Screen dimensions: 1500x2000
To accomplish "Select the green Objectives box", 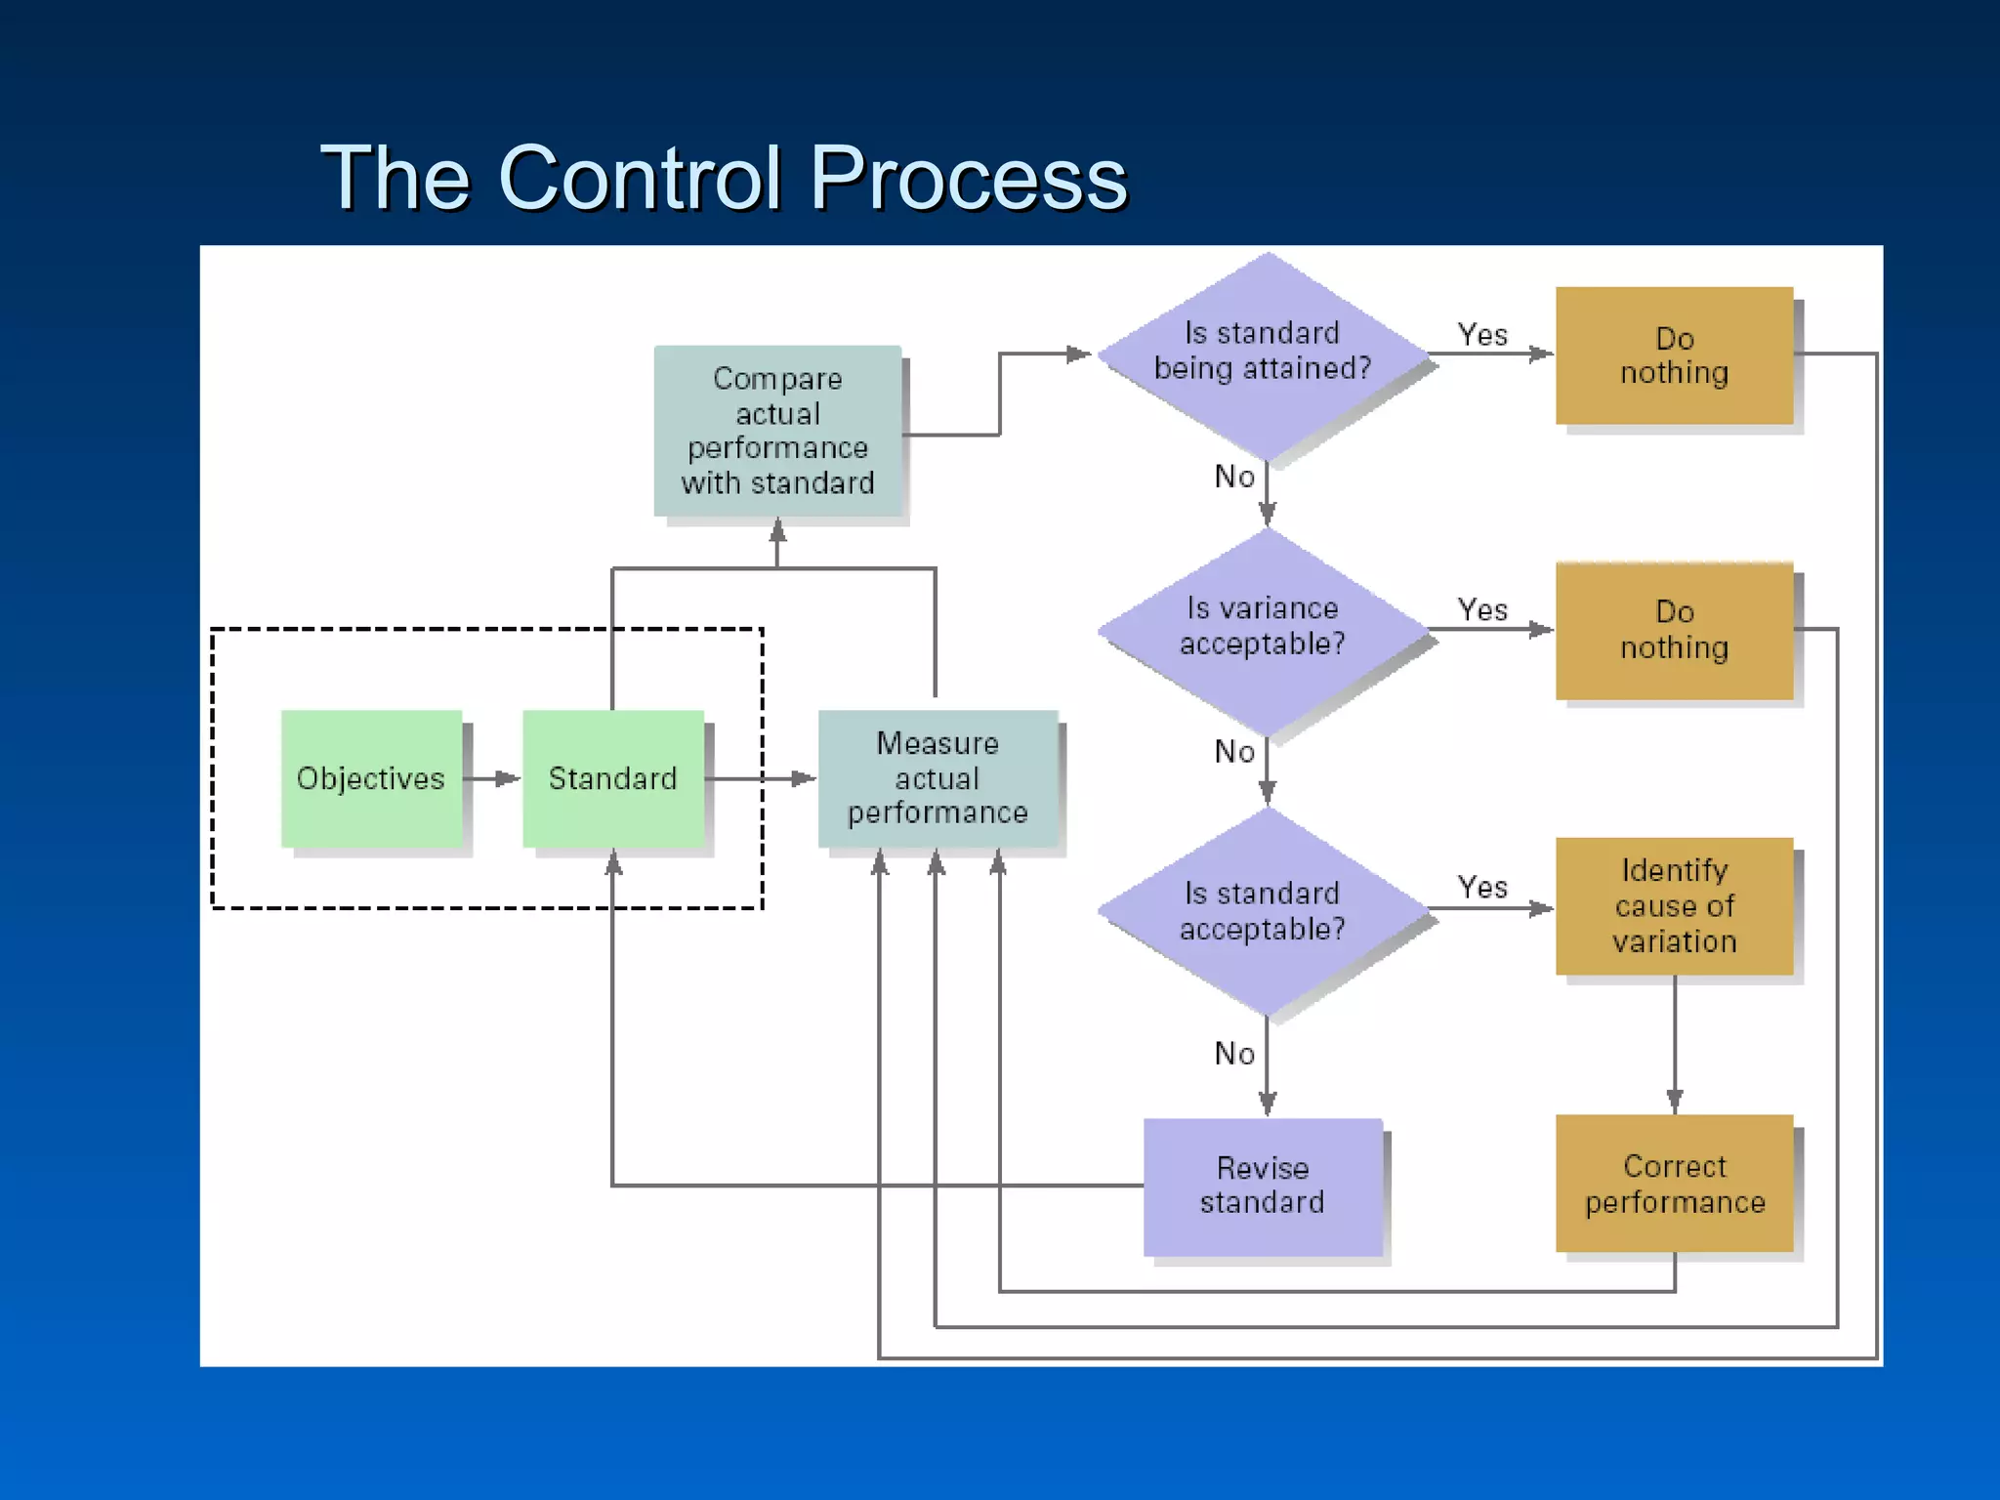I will pos(371,778).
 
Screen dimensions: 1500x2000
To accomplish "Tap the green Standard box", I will pos(612,778).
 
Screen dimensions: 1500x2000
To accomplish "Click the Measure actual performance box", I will pos(937,778).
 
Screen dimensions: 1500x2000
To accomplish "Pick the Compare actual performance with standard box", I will pos(777,431).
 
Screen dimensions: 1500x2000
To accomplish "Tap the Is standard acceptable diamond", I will pos(1266,910).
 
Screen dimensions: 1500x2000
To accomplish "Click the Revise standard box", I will pos(1263,1186).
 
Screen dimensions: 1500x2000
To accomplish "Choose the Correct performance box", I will pos(1674,1184).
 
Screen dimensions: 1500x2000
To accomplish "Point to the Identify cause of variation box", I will pos(1674,906).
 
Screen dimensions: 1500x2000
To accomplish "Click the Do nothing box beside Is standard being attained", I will pos(1674,355).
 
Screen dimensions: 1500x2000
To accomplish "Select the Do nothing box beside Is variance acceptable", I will pos(1674,631).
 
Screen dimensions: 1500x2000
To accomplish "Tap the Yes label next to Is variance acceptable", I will pos(1482,610).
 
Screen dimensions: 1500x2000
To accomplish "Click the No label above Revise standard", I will pos(1234,1054).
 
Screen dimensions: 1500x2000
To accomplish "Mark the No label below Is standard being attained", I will pos(1234,477).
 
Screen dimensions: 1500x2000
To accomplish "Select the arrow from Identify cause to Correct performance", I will pos(1675,1045).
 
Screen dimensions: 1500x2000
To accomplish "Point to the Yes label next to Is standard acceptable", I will pos(1482,888).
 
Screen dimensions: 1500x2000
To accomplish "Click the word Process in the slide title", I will pos(969,178).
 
